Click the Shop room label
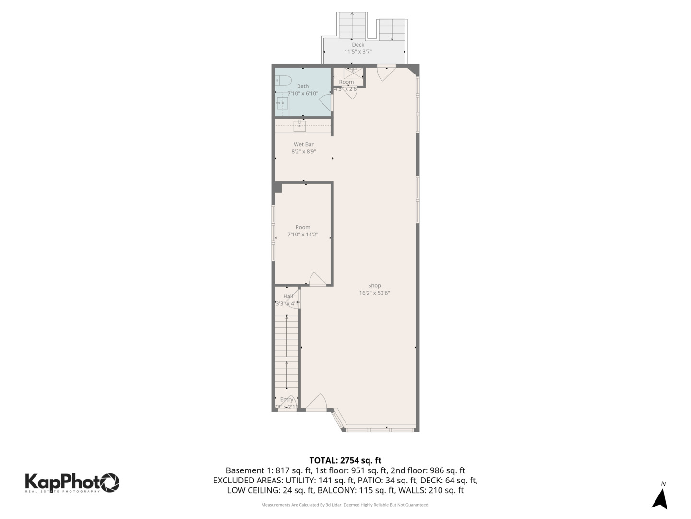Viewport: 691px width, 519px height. click(374, 285)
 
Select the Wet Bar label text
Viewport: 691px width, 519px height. click(303, 144)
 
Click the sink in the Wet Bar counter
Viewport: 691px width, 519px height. click(299, 126)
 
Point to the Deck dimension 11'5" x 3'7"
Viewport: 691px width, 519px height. click(357, 52)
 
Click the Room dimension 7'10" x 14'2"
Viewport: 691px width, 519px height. click(302, 235)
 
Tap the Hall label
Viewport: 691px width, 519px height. click(288, 296)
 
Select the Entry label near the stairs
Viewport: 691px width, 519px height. click(286, 399)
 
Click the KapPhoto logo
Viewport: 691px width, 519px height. click(72, 482)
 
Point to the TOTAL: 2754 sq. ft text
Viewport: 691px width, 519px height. click(345, 460)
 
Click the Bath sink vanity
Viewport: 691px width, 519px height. click(282, 103)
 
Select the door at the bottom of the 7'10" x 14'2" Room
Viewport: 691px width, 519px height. click(317, 279)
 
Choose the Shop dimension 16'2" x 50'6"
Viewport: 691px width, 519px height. click(374, 293)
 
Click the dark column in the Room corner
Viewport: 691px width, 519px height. click(277, 187)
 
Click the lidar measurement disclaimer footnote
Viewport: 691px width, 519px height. click(345, 505)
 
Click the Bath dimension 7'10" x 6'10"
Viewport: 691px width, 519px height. click(302, 93)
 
